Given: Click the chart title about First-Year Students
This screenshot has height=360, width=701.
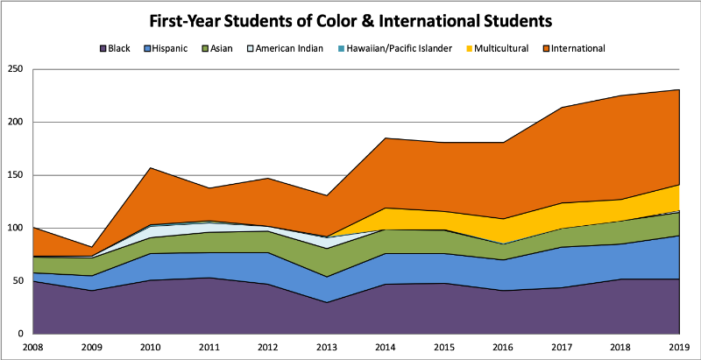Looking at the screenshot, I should (350, 18).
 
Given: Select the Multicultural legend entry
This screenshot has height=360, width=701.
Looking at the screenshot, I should (496, 48).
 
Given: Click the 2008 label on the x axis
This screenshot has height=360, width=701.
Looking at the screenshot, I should (32, 349).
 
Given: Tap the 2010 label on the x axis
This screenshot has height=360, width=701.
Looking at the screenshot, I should (151, 349).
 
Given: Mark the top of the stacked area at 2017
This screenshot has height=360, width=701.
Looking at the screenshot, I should (562, 108).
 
